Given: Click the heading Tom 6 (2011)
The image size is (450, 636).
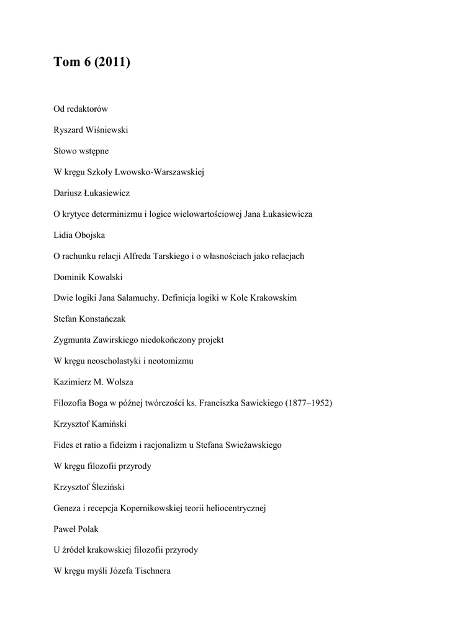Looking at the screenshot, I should coord(92,62).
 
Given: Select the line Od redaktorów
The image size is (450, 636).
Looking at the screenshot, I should coord(81,109).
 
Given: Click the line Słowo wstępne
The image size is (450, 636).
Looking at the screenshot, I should coord(81,151).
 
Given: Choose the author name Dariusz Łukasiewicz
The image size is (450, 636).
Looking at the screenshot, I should coord(91,193).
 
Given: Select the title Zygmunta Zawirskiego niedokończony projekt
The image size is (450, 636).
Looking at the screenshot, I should coord(138,340).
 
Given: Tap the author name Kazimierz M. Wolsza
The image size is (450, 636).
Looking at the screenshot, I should coord(94,383).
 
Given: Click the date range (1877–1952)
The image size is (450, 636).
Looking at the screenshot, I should coord(308,403).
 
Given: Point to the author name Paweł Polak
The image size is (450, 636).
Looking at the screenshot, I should coord(77,529).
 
